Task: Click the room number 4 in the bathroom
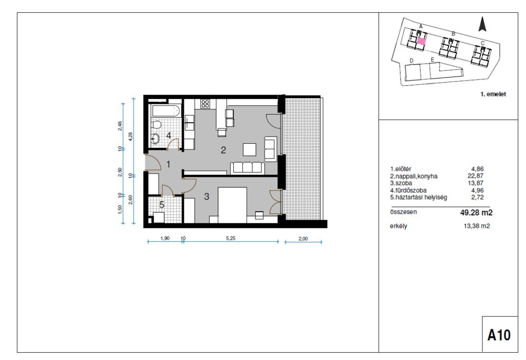coord(168,136)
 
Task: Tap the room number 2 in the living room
coord(223,150)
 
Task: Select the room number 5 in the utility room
coord(162,205)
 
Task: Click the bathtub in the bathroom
coord(165,110)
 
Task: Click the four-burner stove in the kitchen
coord(205,104)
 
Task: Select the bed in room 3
coord(233,205)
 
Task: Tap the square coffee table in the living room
coord(250,149)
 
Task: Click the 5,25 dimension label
coord(231,239)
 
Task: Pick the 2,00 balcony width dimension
coord(303,239)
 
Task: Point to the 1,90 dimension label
coord(165,239)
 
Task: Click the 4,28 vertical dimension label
coord(130,137)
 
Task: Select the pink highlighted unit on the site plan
coord(422,42)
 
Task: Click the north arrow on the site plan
coord(482,25)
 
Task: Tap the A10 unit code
coord(499,335)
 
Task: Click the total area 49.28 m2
coord(476,213)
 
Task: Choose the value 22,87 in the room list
coord(476,176)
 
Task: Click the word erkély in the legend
coord(399,226)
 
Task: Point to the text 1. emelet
coord(493,94)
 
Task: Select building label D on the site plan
coord(411,61)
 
